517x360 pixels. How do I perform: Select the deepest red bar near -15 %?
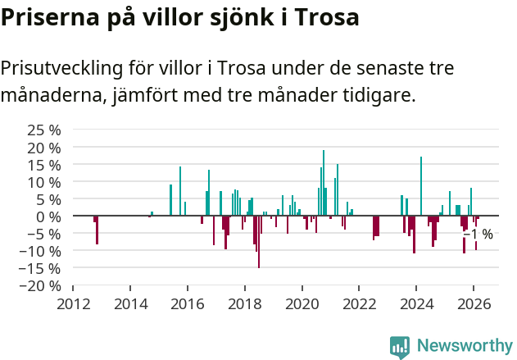pos(259,242)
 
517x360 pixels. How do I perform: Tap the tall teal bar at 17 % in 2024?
pos(421,186)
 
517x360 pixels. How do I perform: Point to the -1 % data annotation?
pos(478,235)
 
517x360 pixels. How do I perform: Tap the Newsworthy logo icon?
pos(400,346)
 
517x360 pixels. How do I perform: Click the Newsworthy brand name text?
pos(464,346)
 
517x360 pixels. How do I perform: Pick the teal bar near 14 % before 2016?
pos(180,191)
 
